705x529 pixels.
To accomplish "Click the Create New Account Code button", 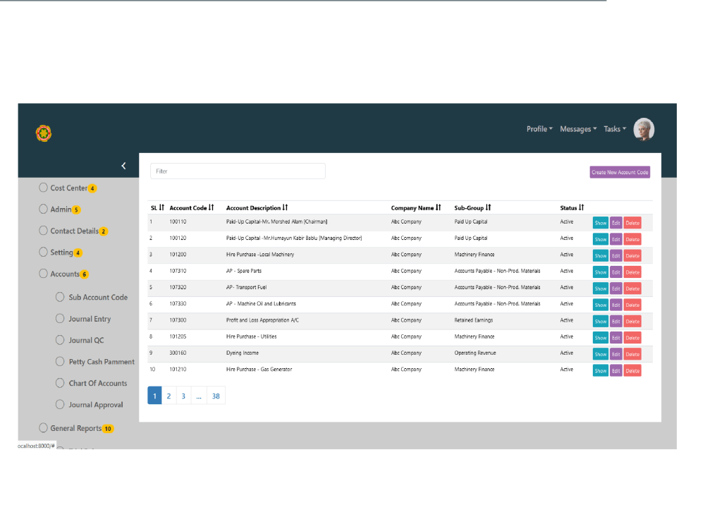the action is pyautogui.click(x=620, y=172).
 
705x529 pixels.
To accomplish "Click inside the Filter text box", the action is pyautogui.click(x=238, y=171).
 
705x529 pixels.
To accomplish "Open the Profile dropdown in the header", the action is pyautogui.click(x=539, y=129).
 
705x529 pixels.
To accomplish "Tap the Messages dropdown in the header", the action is pyautogui.click(x=578, y=129).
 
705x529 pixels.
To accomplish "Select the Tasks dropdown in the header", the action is pyautogui.click(x=615, y=129).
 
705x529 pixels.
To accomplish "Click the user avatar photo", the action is pyautogui.click(x=644, y=130).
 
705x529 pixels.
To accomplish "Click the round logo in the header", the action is pyautogui.click(x=44, y=133).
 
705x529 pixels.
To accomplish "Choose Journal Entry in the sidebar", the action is pyautogui.click(x=90, y=319).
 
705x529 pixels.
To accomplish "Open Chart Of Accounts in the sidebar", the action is pyautogui.click(x=97, y=383).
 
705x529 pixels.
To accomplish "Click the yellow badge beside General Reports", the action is pyautogui.click(x=108, y=429).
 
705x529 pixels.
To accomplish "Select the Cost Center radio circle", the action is pyautogui.click(x=43, y=188).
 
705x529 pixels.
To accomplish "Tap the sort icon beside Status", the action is pyautogui.click(x=582, y=207).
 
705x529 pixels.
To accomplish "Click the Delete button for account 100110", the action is pyautogui.click(x=632, y=223).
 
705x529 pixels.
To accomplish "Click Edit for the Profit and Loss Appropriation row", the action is pyautogui.click(x=616, y=322).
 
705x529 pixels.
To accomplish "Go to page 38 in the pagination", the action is pyautogui.click(x=216, y=396).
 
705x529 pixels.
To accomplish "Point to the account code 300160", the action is pyautogui.click(x=178, y=353).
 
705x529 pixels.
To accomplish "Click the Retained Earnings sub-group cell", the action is pyautogui.click(x=474, y=320).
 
